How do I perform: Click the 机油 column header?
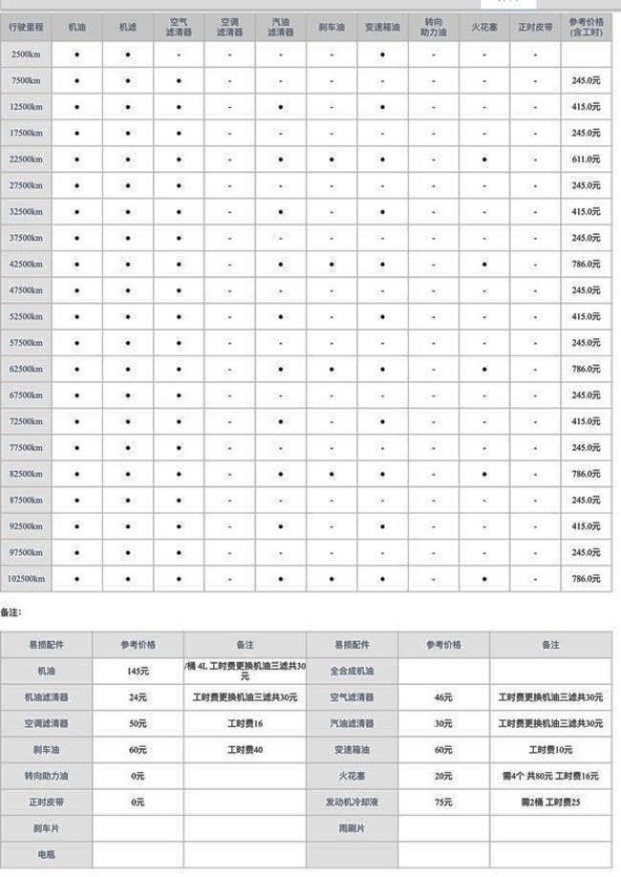[76, 28]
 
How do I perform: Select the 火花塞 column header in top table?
[484, 28]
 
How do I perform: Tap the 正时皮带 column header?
[535, 28]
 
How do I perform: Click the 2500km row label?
[26, 55]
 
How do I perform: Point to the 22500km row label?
[26, 160]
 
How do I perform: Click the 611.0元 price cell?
[586, 160]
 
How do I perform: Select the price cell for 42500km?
[586, 264]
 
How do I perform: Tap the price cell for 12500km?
[586, 107]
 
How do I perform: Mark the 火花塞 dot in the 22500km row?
[484, 160]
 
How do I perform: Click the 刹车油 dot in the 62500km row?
[332, 369]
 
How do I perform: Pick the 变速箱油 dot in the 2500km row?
[382, 55]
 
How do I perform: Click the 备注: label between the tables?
[11, 610]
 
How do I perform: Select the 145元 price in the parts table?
[138, 672]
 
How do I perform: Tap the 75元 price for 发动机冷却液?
[443, 802]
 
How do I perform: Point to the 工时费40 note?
[245, 750]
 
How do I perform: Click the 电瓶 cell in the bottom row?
[46, 854]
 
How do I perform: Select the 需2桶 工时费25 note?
[550, 802]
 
